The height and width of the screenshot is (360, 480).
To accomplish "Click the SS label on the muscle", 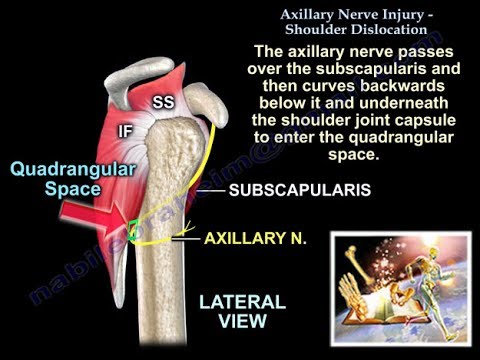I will point(163,103).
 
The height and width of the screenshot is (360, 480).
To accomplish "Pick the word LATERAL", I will point(242,300).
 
